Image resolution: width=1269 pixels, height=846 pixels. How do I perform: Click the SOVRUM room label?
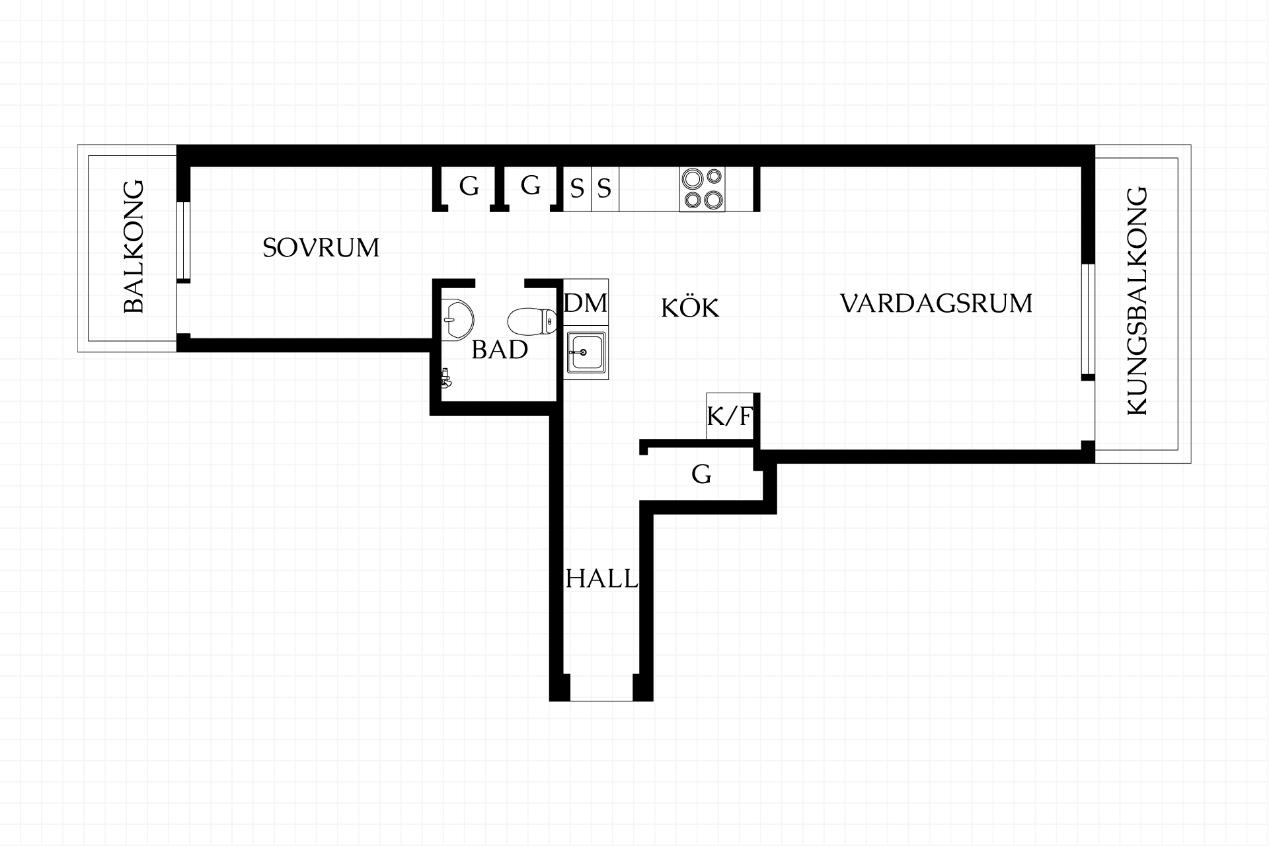coord(321,248)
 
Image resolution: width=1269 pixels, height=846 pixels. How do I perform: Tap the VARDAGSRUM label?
coord(936,303)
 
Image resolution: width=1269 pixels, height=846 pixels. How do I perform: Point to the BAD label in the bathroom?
coord(500,350)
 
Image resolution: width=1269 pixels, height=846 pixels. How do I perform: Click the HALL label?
coord(602,579)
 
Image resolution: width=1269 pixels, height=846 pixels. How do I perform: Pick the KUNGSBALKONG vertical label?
coord(1137,302)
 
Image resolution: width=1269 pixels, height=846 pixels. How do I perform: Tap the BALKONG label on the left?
coord(134,247)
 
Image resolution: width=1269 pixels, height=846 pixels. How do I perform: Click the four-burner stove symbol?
coord(702,189)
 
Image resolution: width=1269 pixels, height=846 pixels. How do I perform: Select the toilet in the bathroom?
coord(531,321)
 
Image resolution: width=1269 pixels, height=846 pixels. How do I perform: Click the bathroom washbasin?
coord(456,320)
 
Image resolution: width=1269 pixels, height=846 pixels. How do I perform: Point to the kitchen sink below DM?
coord(586,352)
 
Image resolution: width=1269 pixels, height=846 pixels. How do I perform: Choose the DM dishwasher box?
coord(586,303)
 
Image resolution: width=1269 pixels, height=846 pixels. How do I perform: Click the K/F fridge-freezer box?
coord(730,416)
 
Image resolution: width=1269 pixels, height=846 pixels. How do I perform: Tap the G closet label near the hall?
coord(701,474)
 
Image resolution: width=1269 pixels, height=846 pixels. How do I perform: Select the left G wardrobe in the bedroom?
coord(469,187)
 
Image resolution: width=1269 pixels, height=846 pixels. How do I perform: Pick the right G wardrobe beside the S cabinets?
coord(531,186)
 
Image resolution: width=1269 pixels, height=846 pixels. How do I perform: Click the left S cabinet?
coord(577,189)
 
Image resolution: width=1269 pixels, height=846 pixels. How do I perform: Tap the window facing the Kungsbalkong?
coord(1088,320)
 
